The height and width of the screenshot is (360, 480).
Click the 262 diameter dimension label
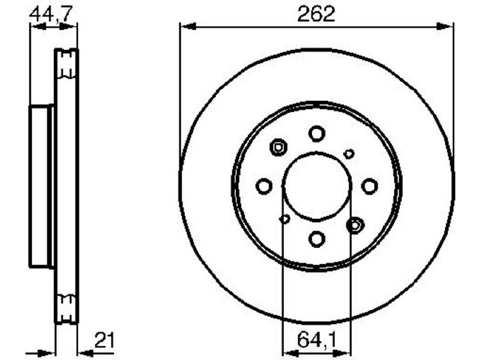316,14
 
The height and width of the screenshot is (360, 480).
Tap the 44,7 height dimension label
52,14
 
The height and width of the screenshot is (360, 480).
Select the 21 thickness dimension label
104,340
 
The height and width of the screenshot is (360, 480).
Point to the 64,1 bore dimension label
317,340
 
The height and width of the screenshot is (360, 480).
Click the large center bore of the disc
317,186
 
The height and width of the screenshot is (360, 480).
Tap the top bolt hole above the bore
317,133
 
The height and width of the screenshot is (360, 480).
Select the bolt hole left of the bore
264,186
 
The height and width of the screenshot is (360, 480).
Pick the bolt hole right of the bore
370,186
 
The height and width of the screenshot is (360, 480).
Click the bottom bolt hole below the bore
317,239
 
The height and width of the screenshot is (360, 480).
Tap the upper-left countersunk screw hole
278,148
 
